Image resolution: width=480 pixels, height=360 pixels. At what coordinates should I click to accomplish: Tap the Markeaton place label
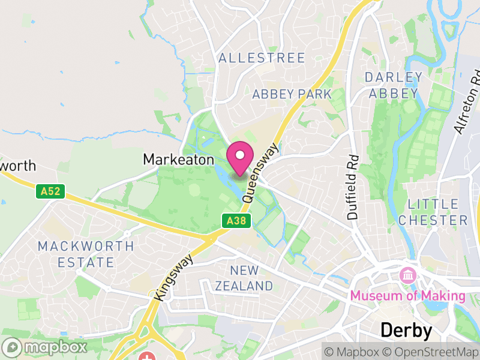pos(178,160)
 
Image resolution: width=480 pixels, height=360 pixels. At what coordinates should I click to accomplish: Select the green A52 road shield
pos(50,191)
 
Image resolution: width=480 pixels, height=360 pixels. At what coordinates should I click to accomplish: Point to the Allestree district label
pos(262,58)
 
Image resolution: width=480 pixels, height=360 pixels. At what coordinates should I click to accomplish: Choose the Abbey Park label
pos(292,94)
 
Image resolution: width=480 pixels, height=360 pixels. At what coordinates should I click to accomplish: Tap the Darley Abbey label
pos(394,85)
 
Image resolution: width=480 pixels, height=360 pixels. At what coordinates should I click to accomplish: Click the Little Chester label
pos(433,212)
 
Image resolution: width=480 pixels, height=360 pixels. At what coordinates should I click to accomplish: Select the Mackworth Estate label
pos(85,254)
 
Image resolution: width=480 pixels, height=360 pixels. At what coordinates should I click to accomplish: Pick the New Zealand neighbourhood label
pos(244,278)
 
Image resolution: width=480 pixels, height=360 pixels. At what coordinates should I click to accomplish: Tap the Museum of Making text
pos(407,296)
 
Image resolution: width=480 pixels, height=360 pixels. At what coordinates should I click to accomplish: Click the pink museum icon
pos(408,276)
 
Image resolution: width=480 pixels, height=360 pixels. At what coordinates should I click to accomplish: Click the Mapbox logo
pos(46,347)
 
